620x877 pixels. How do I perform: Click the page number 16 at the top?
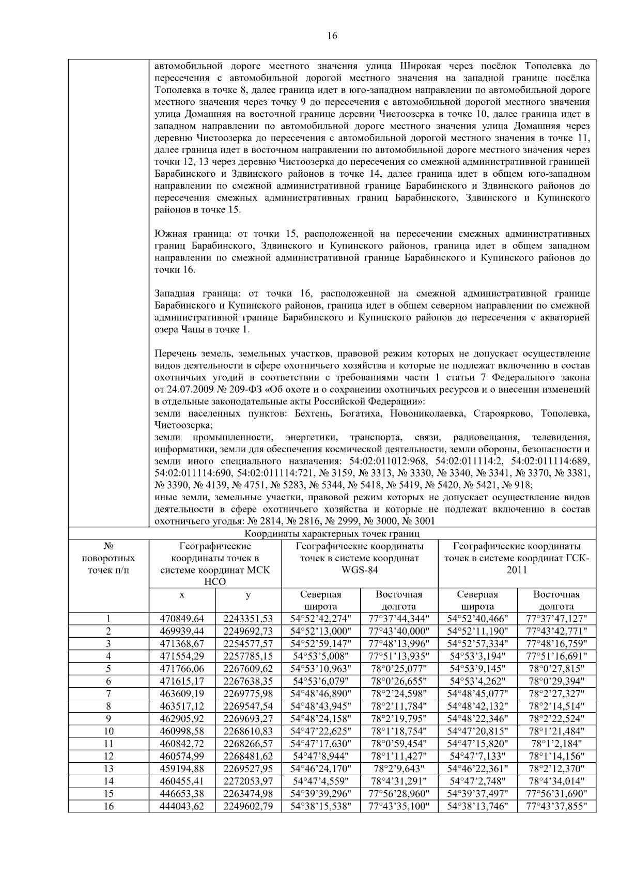332,36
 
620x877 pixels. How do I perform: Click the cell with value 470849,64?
182,619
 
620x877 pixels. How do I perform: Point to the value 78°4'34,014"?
557,781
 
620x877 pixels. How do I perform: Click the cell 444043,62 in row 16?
182,806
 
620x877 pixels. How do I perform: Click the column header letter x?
182,595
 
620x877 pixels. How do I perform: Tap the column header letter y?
248,595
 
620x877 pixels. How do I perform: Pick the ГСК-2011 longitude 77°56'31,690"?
557,794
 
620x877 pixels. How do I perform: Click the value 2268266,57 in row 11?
248,744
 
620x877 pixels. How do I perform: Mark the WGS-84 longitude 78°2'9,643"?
399,769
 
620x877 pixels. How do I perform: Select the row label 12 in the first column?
109,756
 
